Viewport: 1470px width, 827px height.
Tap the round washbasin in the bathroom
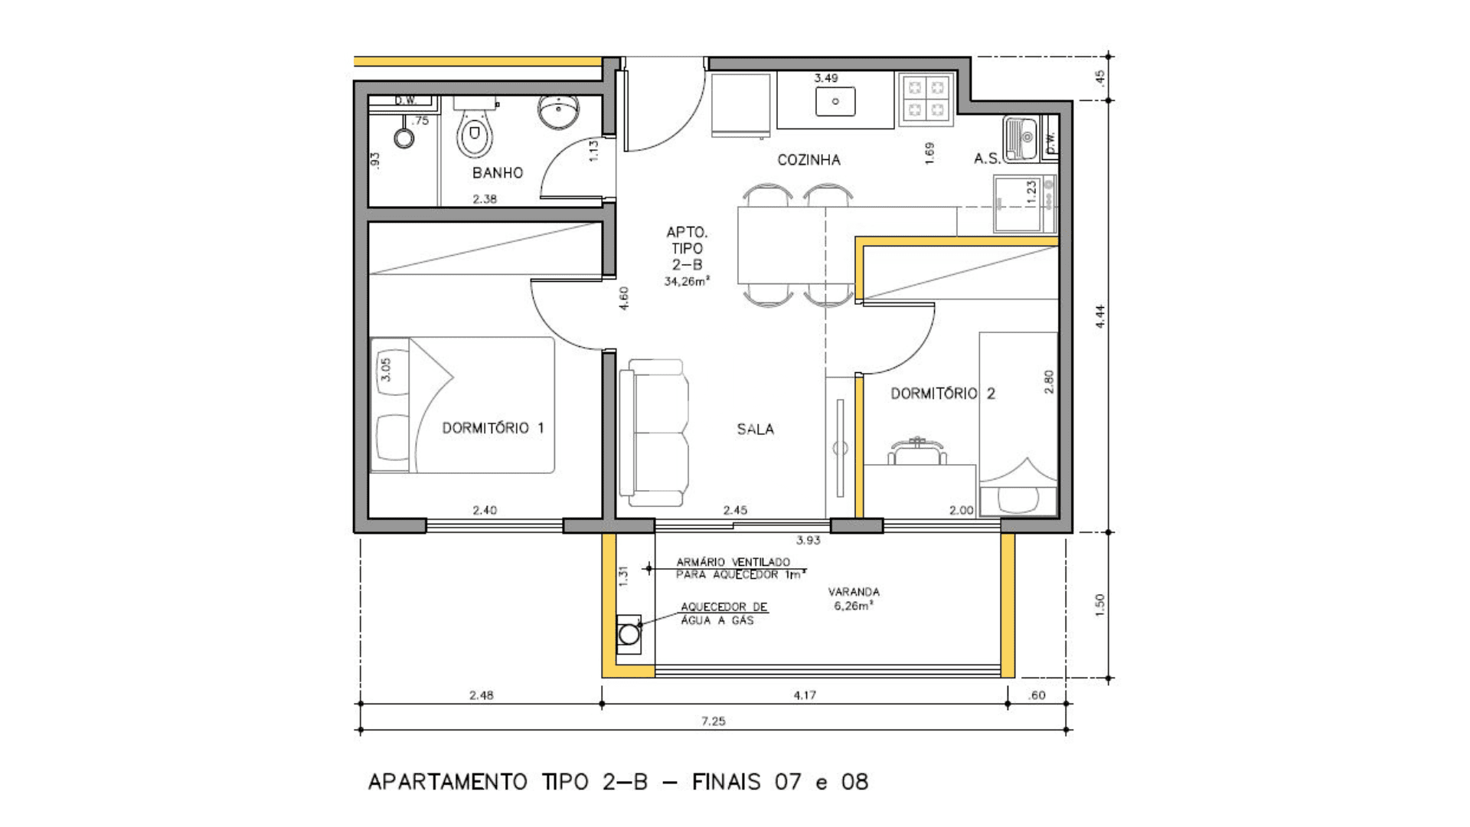pyautogui.click(x=559, y=112)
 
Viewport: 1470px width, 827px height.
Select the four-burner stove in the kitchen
pyautogui.click(x=926, y=99)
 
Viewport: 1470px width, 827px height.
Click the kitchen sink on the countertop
pyautogui.click(x=835, y=101)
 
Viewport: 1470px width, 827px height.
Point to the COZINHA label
pyautogui.click(x=808, y=160)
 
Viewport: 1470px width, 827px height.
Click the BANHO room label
pyautogui.click(x=498, y=173)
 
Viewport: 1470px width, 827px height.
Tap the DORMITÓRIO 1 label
pyautogui.click(x=493, y=428)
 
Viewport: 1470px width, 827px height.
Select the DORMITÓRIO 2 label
pyautogui.click(x=942, y=394)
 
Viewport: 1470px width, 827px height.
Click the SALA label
pyautogui.click(x=756, y=430)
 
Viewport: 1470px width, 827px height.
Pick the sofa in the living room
pyautogui.click(x=654, y=433)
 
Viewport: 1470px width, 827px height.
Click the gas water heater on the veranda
pyautogui.click(x=629, y=634)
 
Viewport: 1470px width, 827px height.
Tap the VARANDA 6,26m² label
pyautogui.click(x=854, y=598)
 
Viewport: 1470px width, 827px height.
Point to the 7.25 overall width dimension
pyautogui.click(x=713, y=721)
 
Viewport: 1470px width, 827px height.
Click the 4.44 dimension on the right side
pyautogui.click(x=1100, y=316)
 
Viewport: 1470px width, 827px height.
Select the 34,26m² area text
pyautogui.click(x=687, y=282)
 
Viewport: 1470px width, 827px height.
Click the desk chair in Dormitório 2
pyautogui.click(x=917, y=451)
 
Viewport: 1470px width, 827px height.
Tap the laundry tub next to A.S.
pyautogui.click(x=1020, y=139)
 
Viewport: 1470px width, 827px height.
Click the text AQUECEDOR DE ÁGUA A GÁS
pyautogui.click(x=724, y=613)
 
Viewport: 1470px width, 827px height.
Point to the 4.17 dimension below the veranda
pyautogui.click(x=805, y=695)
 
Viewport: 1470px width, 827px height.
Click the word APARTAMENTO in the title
pyautogui.click(x=448, y=782)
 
